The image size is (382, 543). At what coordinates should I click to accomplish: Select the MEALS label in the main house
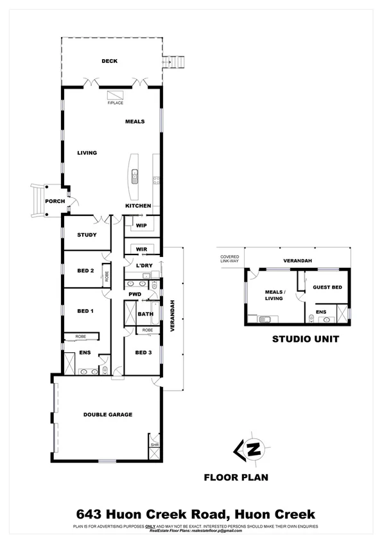[135, 121]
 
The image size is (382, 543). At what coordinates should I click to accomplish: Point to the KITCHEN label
[138, 206]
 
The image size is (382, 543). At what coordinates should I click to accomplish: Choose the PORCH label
[54, 201]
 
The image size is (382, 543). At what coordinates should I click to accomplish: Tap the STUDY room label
[87, 235]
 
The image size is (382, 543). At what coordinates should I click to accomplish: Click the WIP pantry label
[141, 226]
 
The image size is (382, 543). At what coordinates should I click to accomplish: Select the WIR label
[141, 249]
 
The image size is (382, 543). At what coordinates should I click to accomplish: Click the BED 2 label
[87, 271]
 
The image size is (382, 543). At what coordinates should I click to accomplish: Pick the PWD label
[135, 294]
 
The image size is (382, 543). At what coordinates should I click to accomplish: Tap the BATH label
[145, 314]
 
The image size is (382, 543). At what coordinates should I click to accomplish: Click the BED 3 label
[143, 353]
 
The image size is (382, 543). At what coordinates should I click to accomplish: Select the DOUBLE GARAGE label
[108, 414]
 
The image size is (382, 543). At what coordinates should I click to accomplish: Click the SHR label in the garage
[154, 445]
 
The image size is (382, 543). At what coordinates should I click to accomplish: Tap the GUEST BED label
[327, 287]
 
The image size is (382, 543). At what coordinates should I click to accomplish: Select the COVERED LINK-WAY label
[229, 259]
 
